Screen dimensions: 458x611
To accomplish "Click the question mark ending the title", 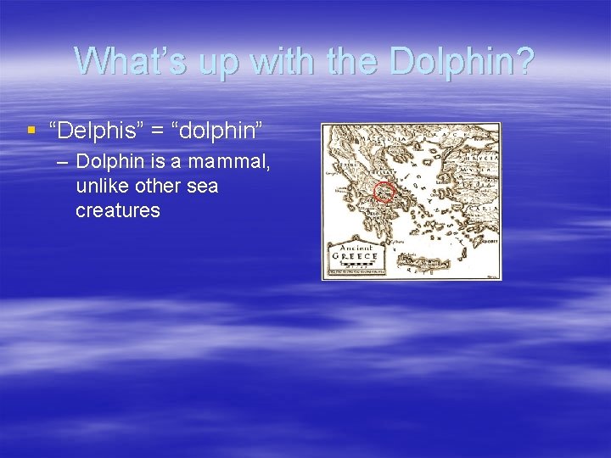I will tap(524, 61).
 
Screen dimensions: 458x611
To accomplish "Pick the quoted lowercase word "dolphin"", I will tap(218, 131).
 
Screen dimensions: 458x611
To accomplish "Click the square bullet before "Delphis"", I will tap(32, 131).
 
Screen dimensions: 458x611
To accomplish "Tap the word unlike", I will tap(101, 186).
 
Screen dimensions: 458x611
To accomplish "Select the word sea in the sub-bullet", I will tap(202, 186).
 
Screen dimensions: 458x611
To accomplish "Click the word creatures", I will tap(117, 209).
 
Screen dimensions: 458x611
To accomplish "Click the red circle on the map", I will tap(384, 192).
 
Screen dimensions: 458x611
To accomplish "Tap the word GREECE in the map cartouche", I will tap(356, 254).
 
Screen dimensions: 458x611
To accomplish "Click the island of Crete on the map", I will tap(424, 264).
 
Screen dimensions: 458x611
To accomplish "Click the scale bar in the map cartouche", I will tap(356, 265).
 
